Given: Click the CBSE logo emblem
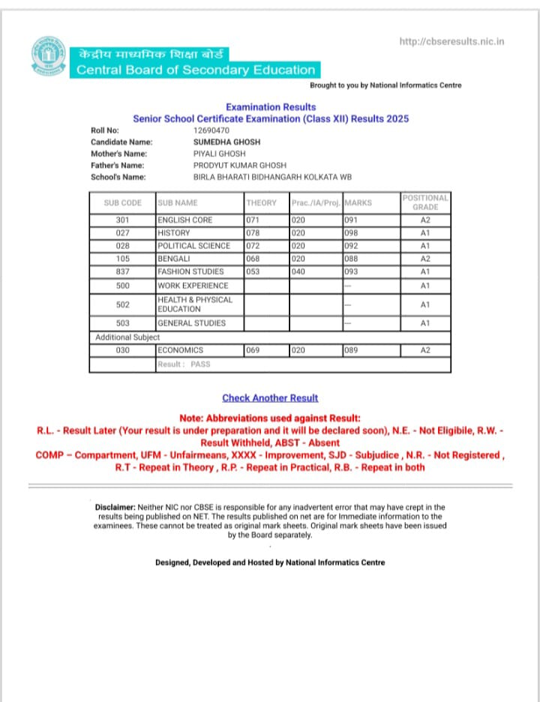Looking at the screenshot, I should (x=49, y=58).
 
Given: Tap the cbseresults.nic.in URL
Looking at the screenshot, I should (x=451, y=42).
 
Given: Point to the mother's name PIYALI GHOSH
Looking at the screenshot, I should (x=220, y=154).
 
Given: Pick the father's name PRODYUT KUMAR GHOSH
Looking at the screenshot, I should (x=240, y=165).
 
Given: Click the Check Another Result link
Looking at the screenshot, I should (x=270, y=398).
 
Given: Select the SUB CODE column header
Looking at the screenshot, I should (x=122, y=202).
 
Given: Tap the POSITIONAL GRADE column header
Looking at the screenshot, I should (x=425, y=202).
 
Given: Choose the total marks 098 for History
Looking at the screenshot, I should (x=351, y=233).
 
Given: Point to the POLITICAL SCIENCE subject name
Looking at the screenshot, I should (x=193, y=246).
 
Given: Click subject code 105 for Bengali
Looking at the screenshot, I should (x=122, y=259).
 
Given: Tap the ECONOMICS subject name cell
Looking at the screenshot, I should (x=180, y=350).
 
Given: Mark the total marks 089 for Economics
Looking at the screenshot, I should (x=351, y=350).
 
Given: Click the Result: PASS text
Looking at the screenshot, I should (x=184, y=364).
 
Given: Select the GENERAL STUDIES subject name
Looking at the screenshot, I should (x=191, y=323).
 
